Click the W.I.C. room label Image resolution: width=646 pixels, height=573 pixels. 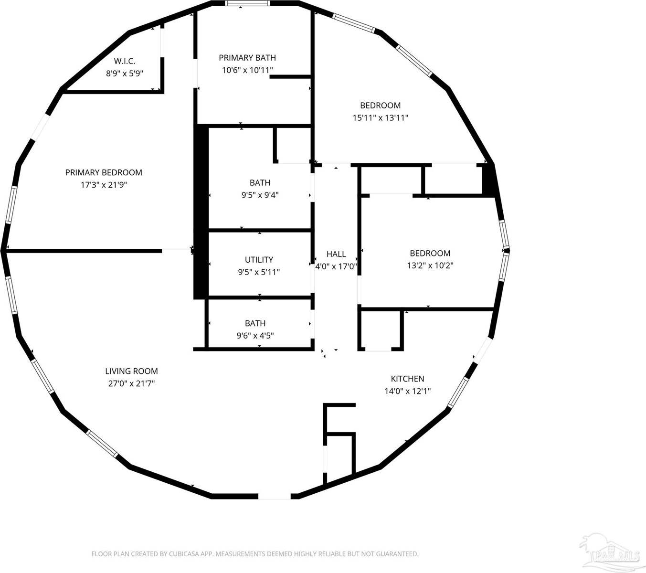[x=124, y=61]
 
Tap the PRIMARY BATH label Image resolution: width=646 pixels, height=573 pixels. [x=247, y=58]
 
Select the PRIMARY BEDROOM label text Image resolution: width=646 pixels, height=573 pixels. [x=104, y=172]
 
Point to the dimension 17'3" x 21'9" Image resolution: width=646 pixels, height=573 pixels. [x=104, y=185]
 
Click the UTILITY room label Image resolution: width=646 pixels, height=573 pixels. [x=259, y=260]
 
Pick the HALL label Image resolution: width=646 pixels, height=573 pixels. [x=336, y=254]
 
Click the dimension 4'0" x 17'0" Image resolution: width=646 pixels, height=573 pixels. [x=336, y=266]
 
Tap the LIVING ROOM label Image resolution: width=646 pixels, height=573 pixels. [x=131, y=371]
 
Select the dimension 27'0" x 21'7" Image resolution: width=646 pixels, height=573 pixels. [x=131, y=383]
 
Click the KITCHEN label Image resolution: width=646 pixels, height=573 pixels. [x=407, y=379]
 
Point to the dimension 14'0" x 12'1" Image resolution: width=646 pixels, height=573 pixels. [x=407, y=391]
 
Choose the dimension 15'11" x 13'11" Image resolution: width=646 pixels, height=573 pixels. [x=380, y=118]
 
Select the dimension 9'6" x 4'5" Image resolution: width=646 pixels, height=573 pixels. [x=255, y=336]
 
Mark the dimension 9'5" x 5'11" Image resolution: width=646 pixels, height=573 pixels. [x=259, y=272]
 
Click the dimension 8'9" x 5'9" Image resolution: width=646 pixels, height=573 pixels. [x=124, y=74]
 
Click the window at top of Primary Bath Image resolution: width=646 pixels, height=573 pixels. [x=247, y=4]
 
